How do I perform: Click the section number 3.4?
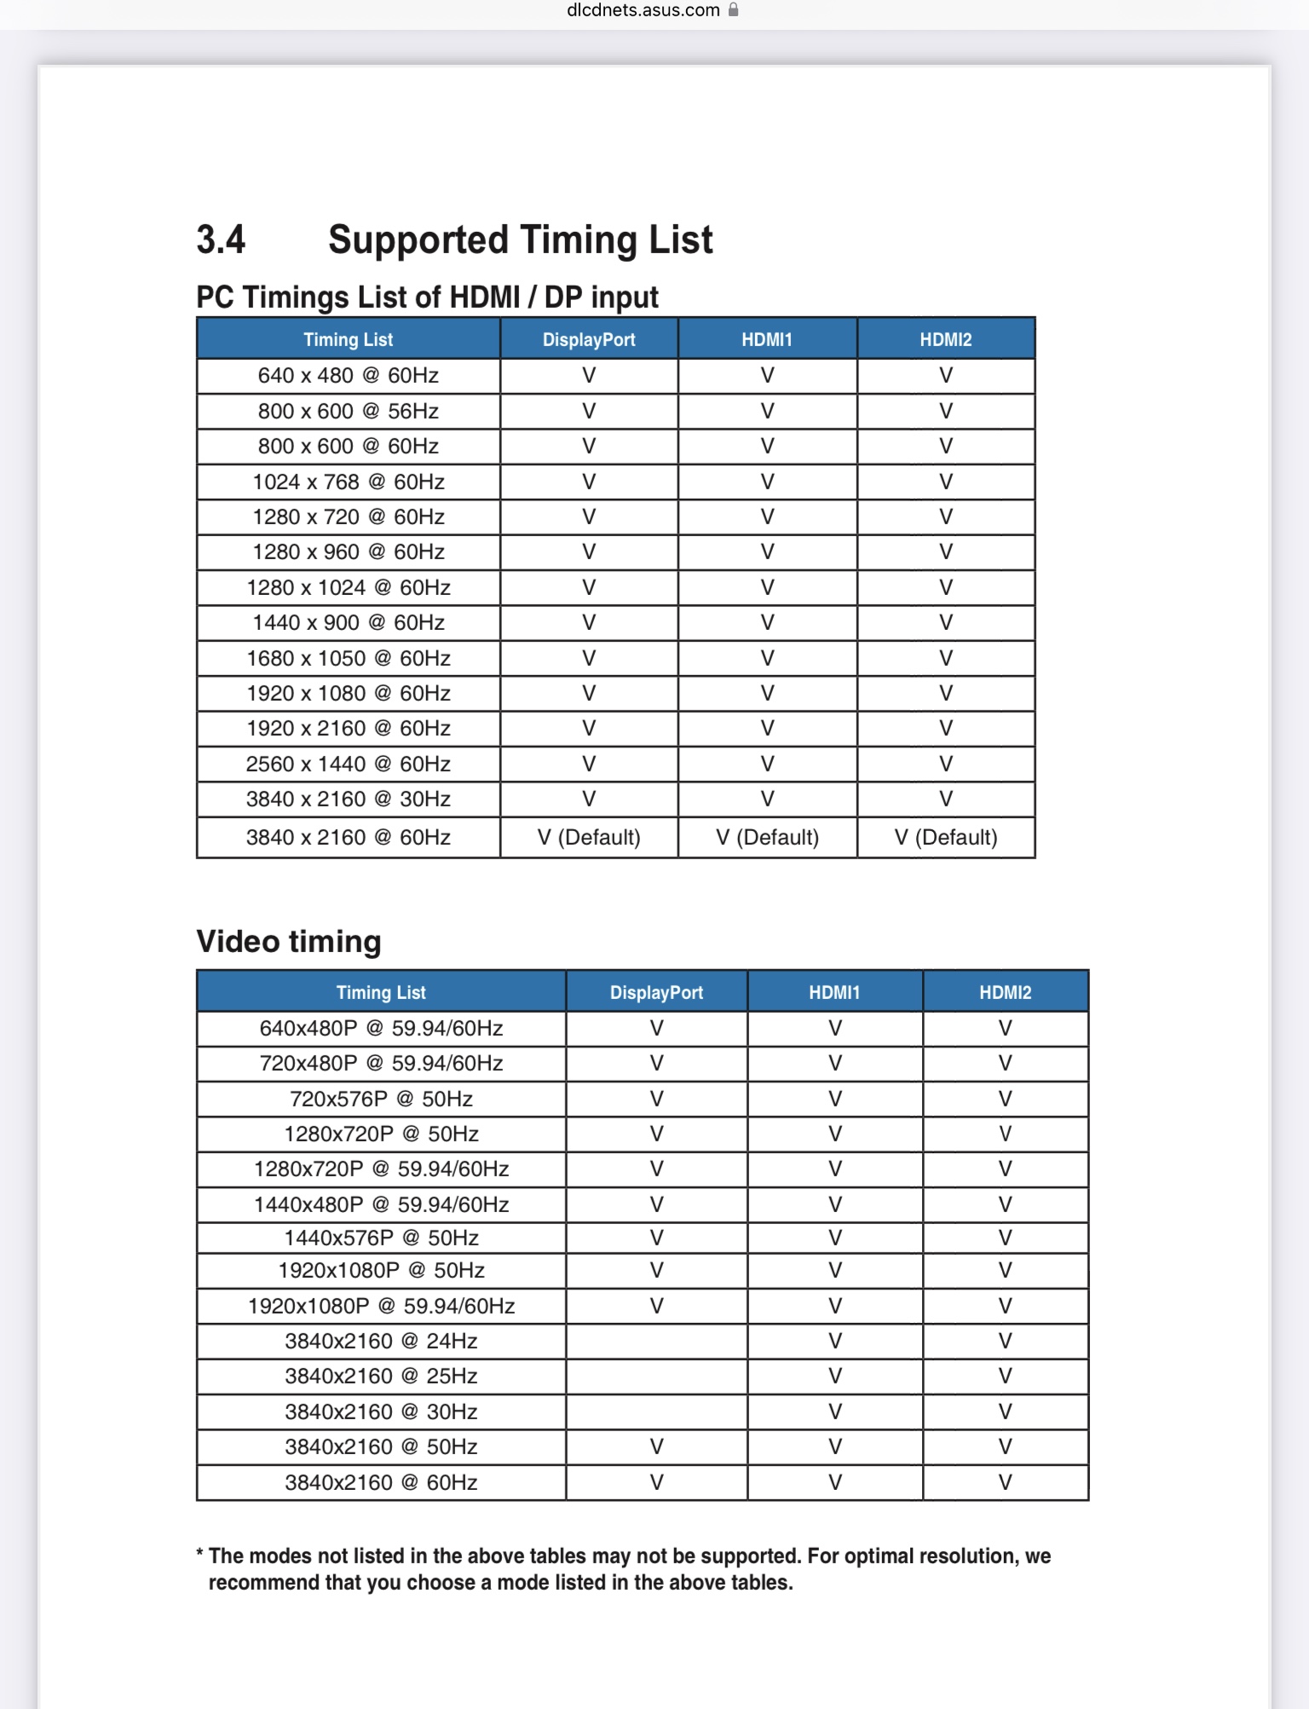tap(221, 240)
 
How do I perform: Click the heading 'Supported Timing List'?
tap(520, 240)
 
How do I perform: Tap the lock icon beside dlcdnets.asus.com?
tap(733, 10)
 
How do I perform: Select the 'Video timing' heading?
tap(289, 942)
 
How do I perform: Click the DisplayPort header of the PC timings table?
tap(589, 339)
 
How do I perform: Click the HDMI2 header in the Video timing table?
tap(1005, 992)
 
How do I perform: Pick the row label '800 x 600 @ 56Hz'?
tap(348, 411)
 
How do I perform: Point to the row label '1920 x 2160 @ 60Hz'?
tap(348, 728)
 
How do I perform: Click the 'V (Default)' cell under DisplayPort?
tap(589, 837)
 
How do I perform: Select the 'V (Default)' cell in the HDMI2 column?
tap(946, 837)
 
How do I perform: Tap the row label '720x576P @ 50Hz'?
tap(381, 1099)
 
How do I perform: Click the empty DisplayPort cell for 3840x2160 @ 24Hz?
tap(656, 1341)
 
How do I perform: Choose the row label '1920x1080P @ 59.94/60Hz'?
tap(381, 1306)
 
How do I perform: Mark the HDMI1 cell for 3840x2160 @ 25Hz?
tap(835, 1376)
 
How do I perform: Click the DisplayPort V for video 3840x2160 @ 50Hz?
tap(656, 1446)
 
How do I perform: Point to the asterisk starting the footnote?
tap(200, 1554)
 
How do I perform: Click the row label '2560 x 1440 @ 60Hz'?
tap(348, 764)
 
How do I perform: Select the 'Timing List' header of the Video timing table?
tap(381, 992)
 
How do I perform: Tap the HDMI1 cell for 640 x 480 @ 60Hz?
tap(767, 375)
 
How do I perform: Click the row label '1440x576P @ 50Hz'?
tap(381, 1238)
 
